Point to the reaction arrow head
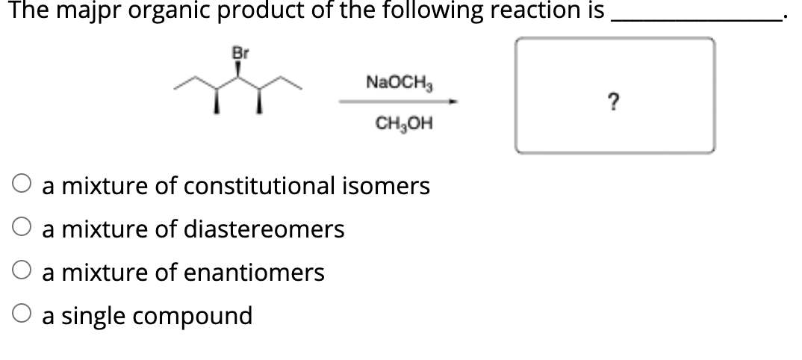tap(452, 102)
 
